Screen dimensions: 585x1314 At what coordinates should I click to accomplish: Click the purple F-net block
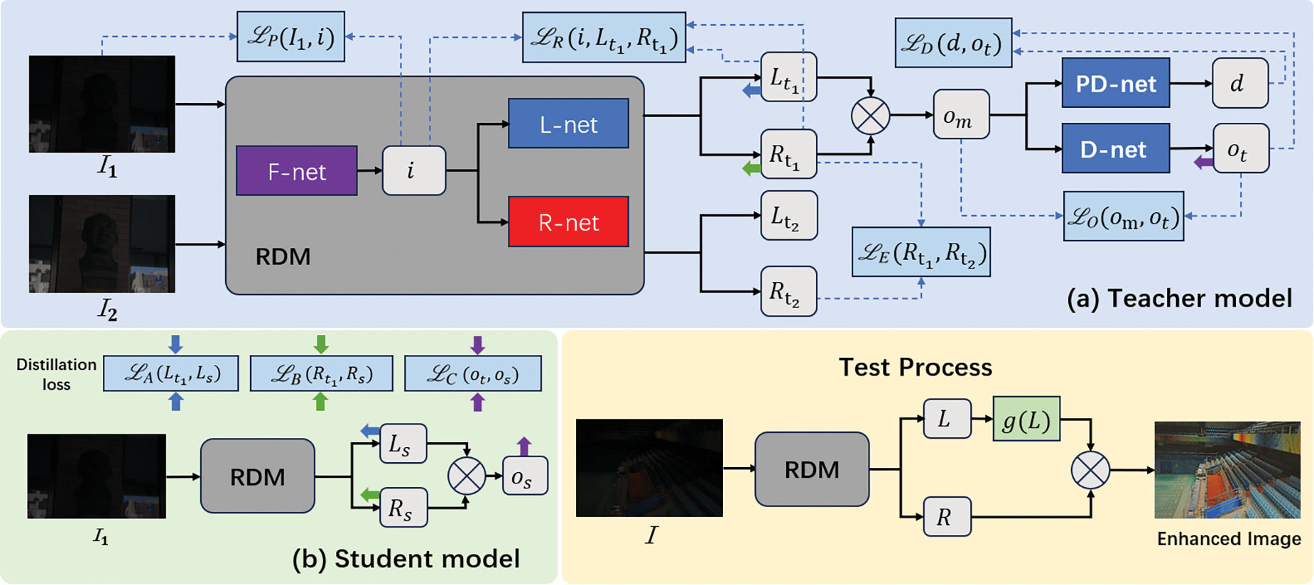[x=296, y=171]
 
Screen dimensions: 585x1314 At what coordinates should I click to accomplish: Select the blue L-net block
[x=568, y=124]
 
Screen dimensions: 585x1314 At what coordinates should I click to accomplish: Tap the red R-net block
[x=568, y=222]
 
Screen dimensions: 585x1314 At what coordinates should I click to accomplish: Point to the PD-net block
[x=1115, y=84]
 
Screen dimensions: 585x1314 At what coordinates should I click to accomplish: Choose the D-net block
[x=1115, y=148]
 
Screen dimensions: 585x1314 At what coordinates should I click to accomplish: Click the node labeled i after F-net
[x=413, y=170]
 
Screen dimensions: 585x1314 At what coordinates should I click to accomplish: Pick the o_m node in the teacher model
[x=961, y=114]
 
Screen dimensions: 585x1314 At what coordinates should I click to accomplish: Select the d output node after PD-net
[x=1239, y=84]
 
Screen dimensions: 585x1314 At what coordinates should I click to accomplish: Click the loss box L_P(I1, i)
[x=291, y=36]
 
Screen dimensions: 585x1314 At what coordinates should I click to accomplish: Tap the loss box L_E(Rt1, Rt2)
[x=921, y=252]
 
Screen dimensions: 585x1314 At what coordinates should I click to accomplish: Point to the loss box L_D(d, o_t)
[x=952, y=43]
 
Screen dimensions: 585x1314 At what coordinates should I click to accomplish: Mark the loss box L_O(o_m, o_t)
[x=1123, y=216]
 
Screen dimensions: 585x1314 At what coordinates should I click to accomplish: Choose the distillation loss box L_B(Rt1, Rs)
[x=321, y=373]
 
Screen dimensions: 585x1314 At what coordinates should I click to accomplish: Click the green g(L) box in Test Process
[x=1026, y=419]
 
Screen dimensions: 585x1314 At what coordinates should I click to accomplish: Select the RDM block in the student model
[x=257, y=476]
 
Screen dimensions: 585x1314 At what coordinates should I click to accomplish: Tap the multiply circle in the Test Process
[x=1090, y=469]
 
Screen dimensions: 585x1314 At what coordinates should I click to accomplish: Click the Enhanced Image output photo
[x=1227, y=469]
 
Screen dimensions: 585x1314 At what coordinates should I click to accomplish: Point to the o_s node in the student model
[x=524, y=476]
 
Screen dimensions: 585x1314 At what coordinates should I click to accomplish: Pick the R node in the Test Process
[x=946, y=516]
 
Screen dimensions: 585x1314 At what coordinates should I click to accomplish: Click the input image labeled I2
[x=102, y=244]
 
